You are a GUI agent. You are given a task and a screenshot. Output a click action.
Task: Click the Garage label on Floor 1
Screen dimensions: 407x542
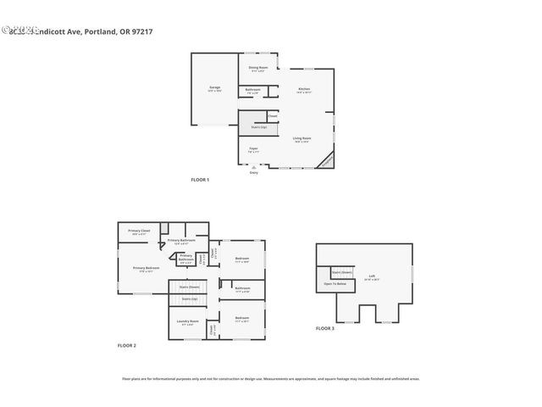tap(215, 87)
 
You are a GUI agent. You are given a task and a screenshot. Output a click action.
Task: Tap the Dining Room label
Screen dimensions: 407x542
tap(258, 68)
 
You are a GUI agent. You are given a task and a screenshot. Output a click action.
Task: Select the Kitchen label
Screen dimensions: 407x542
tap(304, 90)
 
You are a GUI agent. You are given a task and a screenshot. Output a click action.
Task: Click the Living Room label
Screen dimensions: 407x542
tap(301, 138)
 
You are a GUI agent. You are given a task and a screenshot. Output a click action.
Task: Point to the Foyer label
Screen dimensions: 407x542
tap(253, 149)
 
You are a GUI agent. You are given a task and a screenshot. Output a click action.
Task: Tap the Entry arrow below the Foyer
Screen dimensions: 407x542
tap(253, 168)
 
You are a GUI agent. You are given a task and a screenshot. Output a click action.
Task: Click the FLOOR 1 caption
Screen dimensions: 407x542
tap(200, 180)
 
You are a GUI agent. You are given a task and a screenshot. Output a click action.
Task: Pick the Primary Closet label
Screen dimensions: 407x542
tap(139, 231)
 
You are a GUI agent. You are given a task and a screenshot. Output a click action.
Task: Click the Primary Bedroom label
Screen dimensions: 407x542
tap(146, 268)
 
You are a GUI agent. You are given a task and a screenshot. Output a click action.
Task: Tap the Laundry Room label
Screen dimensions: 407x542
tap(187, 321)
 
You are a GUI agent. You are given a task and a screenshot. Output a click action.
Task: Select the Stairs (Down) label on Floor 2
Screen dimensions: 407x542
tap(191, 287)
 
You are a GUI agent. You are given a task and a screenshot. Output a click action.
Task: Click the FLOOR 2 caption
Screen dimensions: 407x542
tap(126, 345)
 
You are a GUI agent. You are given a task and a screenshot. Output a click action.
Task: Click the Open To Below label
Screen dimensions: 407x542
tap(335, 284)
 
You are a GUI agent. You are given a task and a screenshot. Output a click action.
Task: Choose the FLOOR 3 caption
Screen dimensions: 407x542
tap(325, 327)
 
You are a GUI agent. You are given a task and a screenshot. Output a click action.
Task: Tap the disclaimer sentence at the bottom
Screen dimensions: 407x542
tap(271, 379)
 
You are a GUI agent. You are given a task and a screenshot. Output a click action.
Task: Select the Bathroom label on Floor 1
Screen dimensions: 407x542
tap(253, 89)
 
